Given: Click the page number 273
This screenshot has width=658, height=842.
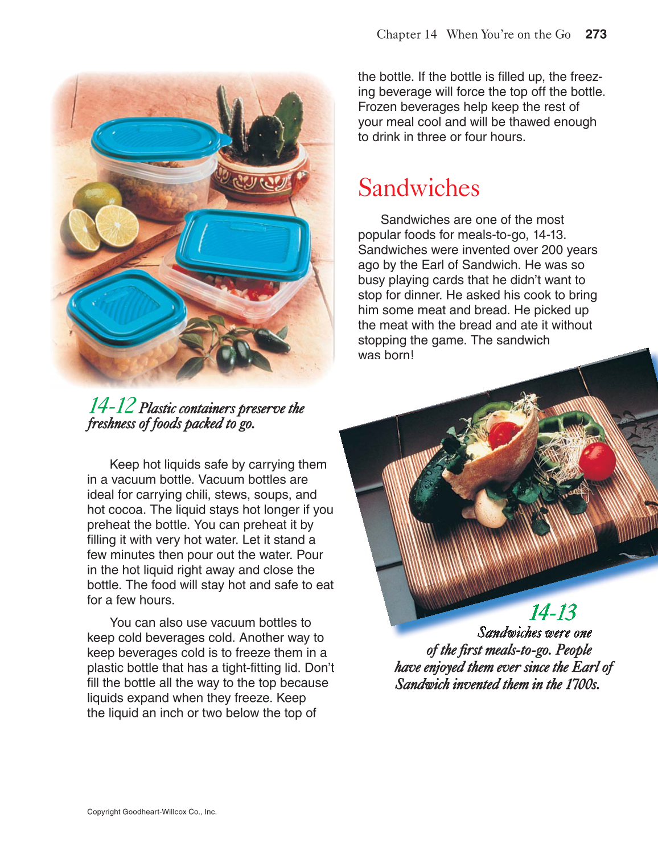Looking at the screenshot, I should (x=596, y=34).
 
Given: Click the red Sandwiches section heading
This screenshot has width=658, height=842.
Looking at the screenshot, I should (x=418, y=188).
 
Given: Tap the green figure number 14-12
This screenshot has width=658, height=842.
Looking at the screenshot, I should (x=112, y=405).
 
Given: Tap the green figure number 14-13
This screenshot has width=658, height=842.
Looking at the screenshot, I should (x=552, y=613).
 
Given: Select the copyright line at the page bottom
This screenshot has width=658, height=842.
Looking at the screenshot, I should (x=151, y=812).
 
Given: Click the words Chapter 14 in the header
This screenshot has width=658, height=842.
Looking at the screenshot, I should (x=406, y=34).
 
